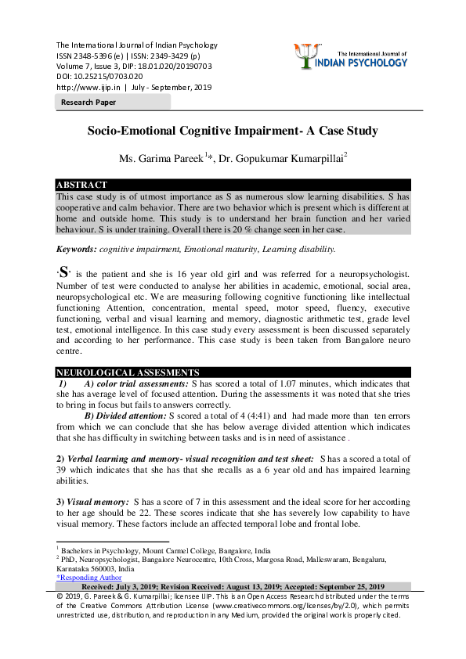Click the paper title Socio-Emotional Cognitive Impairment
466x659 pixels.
pyautogui.click(x=233, y=131)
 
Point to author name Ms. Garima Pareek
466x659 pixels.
pyautogui.click(x=161, y=159)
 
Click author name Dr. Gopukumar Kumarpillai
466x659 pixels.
pyautogui.click(x=288, y=159)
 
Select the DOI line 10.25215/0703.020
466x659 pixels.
pyautogui.click(x=99, y=77)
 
